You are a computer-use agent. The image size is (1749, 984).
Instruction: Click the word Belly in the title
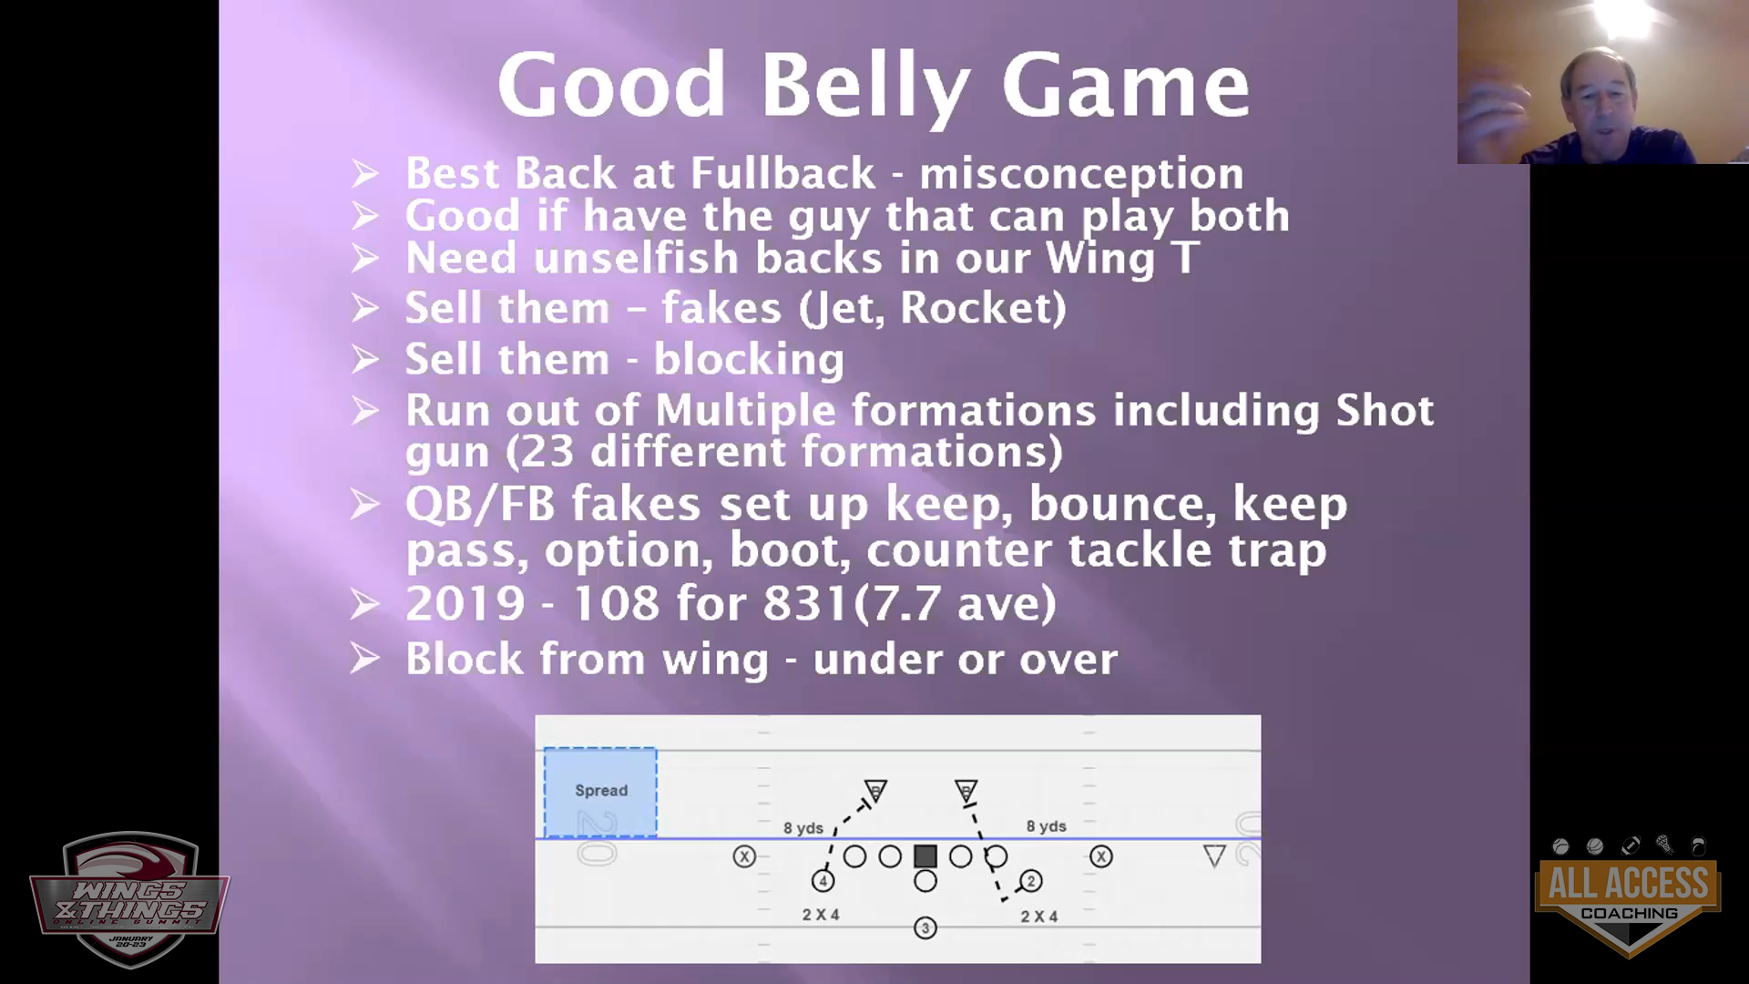pyautogui.click(x=864, y=86)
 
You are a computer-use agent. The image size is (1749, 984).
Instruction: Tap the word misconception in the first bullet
pyautogui.click(x=1081, y=173)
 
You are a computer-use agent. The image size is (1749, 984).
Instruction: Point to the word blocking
pyautogui.click(x=749, y=359)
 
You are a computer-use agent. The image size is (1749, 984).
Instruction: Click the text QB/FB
pyautogui.click(x=480, y=504)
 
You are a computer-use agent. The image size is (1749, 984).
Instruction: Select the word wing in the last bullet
pyautogui.click(x=715, y=660)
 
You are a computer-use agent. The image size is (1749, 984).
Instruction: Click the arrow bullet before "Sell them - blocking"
pyautogui.click(x=364, y=360)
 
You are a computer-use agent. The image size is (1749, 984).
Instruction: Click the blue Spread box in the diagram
pyautogui.click(x=600, y=792)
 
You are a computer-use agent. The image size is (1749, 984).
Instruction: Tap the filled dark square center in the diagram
pyautogui.click(x=926, y=856)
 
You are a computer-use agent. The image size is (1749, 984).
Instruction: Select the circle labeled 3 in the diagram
pyautogui.click(x=926, y=928)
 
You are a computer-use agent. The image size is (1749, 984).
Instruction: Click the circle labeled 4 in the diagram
pyautogui.click(x=823, y=881)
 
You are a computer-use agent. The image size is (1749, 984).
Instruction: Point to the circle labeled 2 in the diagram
pyautogui.click(x=1031, y=881)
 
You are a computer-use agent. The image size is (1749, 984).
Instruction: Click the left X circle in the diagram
pyautogui.click(x=744, y=856)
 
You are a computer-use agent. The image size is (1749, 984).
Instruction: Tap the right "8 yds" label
pyautogui.click(x=1046, y=826)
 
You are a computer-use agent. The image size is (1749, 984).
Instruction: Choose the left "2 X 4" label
pyautogui.click(x=821, y=915)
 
